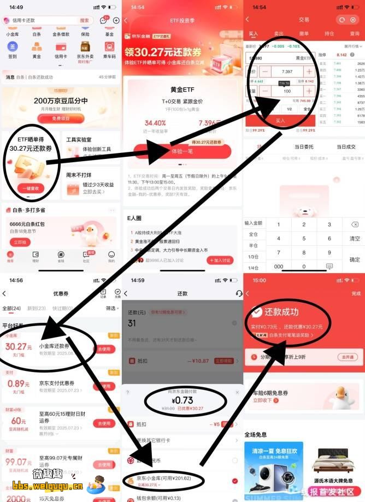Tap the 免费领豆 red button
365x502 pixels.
61,119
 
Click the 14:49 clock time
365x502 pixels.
16,7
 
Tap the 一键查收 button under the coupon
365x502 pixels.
31,187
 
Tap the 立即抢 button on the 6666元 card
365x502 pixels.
20,242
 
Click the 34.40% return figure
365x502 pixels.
155,123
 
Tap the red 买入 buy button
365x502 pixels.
280,120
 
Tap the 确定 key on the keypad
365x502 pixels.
355,259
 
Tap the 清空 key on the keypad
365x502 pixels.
355,239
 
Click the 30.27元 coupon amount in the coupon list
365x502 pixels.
19,346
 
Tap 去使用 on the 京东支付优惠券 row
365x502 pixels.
104,386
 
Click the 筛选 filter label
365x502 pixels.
110,308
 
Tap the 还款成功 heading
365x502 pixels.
281,312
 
